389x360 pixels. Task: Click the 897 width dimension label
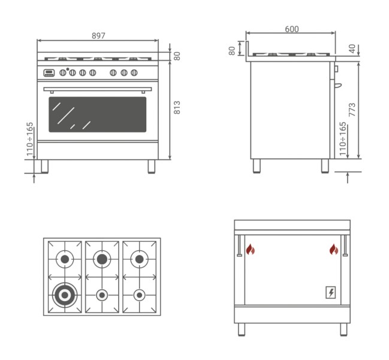(98, 36)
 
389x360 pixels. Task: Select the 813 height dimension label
(177, 107)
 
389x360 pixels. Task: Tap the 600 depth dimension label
(292, 29)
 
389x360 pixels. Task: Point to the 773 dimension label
(352, 109)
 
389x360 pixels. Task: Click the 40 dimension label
(352, 49)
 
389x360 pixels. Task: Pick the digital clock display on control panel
(49, 73)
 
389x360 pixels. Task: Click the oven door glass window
(98, 115)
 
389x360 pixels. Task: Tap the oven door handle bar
(98, 89)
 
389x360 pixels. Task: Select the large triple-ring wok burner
(65, 295)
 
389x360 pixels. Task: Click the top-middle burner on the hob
(102, 259)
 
